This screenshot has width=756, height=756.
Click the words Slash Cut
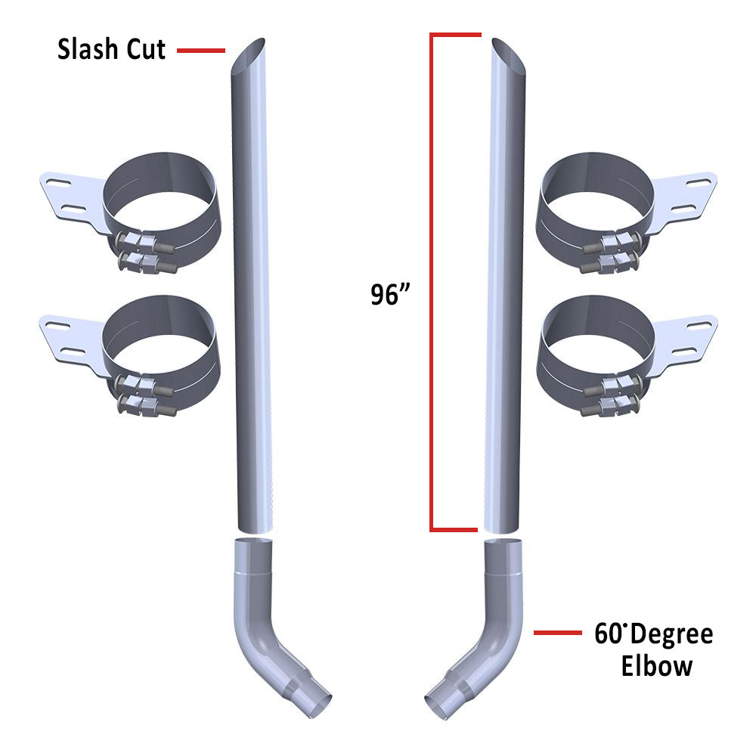point(112,50)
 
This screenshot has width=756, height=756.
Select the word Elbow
point(657,666)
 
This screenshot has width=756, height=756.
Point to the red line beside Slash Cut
point(201,51)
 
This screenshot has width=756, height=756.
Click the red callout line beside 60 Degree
point(557,633)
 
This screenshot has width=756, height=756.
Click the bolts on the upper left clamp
point(144,253)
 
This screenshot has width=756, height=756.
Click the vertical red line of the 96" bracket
point(432,280)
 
